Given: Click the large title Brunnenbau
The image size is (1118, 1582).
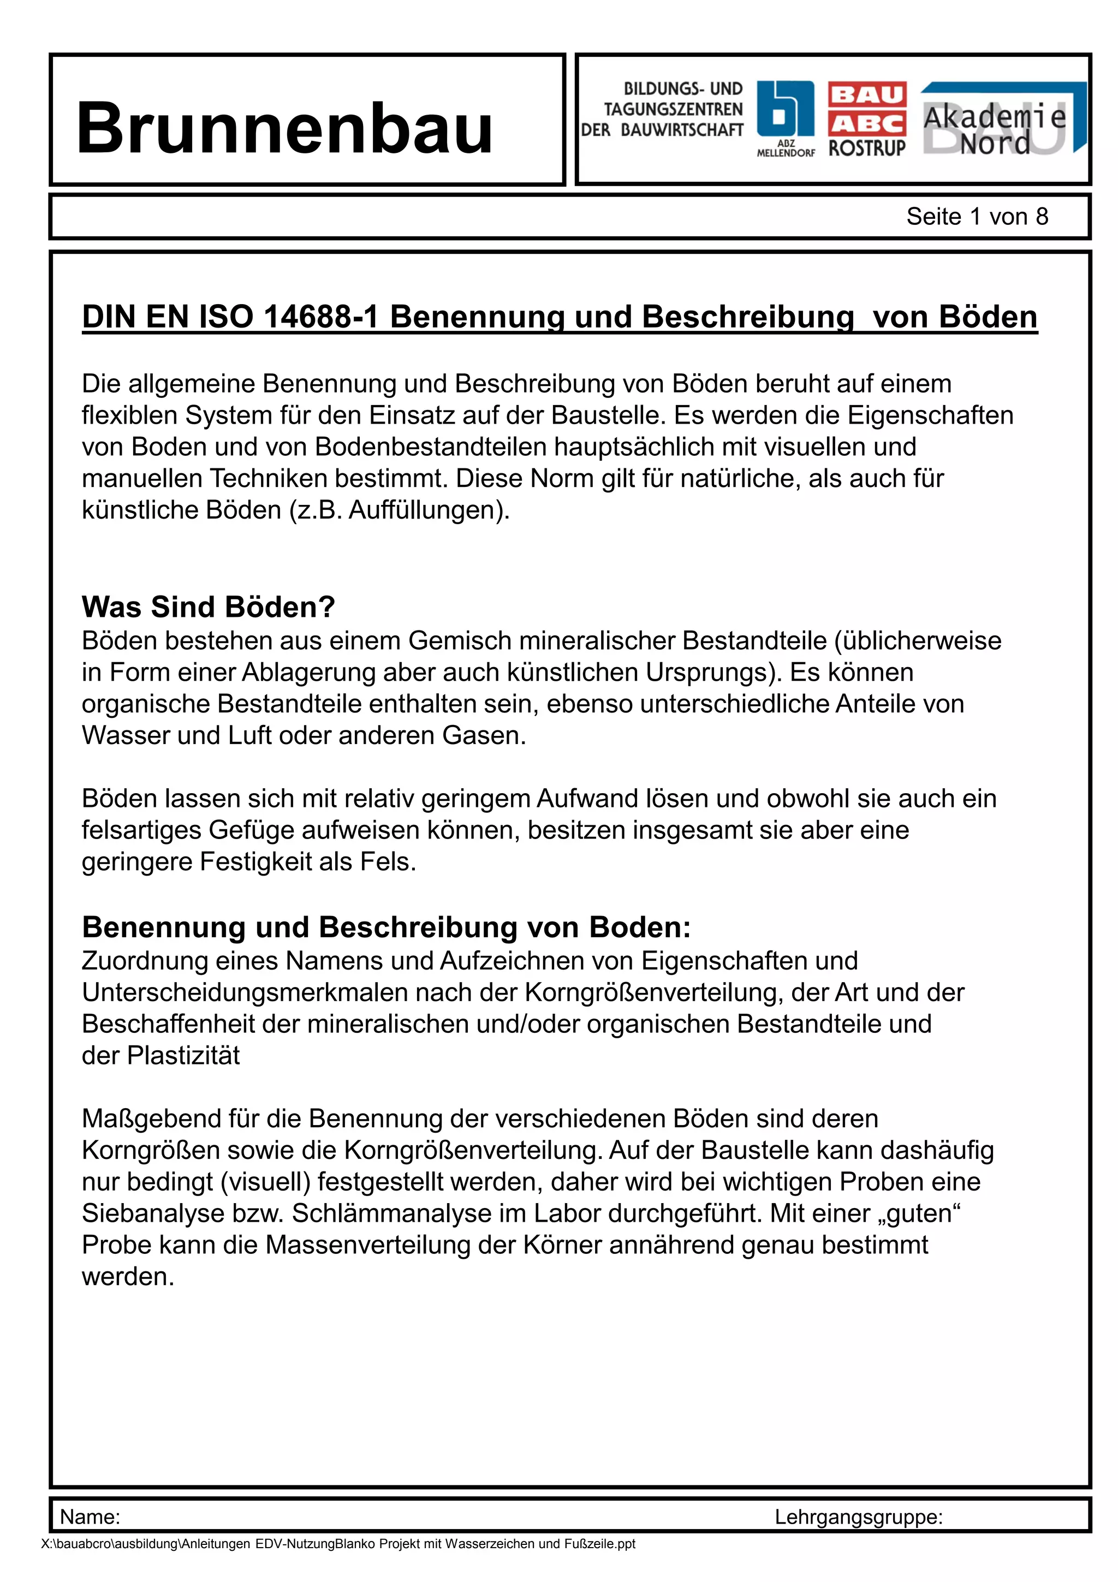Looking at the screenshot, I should [x=284, y=128].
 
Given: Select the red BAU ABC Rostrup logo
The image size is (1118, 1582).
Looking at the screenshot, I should [x=866, y=119].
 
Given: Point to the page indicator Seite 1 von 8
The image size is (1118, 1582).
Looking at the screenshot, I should [x=976, y=216].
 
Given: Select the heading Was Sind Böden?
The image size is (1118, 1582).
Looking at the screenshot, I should [x=208, y=606].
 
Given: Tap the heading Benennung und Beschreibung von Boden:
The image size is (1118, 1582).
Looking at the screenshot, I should [x=386, y=927].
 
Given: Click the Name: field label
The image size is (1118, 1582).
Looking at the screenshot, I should [x=90, y=1516].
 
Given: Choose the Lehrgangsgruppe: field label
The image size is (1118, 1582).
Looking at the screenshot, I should [x=858, y=1516].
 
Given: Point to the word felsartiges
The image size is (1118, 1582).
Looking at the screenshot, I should [x=141, y=830].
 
